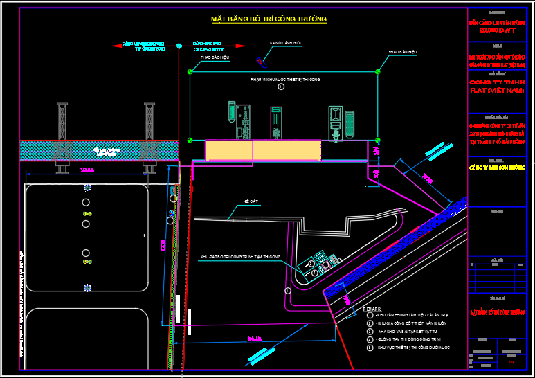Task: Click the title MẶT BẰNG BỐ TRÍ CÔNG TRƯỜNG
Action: [x=269, y=19]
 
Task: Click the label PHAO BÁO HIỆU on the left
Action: [x=214, y=58]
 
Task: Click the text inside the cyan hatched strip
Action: [x=102, y=150]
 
